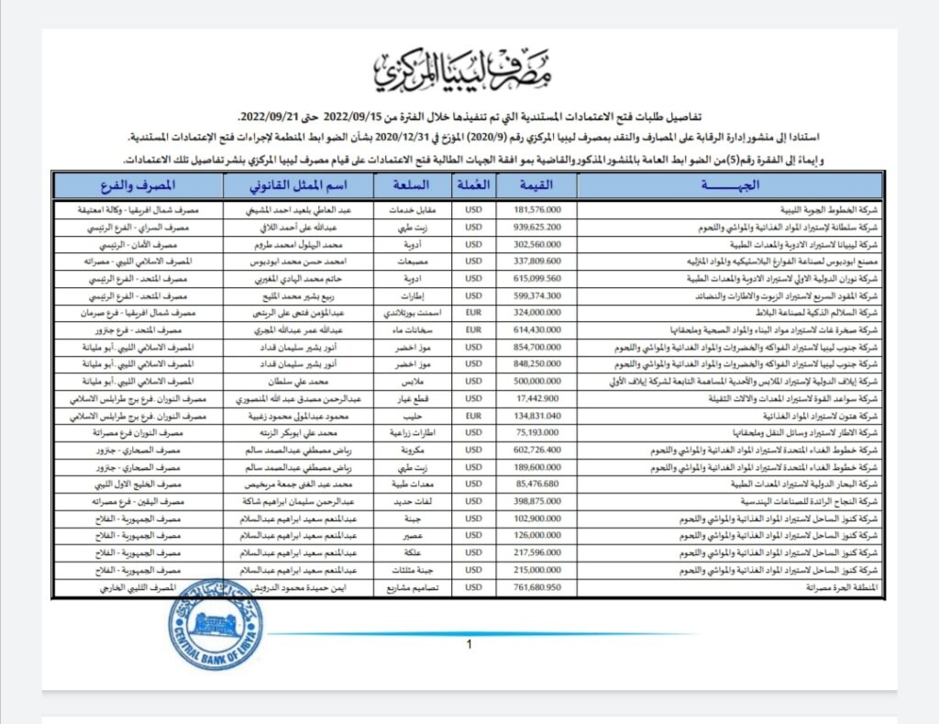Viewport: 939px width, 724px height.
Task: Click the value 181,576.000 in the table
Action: (x=536, y=209)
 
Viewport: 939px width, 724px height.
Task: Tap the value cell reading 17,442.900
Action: (x=536, y=398)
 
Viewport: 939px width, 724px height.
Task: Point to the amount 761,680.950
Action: (x=536, y=587)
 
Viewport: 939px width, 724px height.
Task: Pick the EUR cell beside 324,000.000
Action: (x=473, y=311)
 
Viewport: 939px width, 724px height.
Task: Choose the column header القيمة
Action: (x=536, y=186)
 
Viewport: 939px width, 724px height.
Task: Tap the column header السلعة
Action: (x=414, y=186)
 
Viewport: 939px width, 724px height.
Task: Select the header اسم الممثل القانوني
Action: (x=299, y=186)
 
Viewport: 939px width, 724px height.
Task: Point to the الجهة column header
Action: (x=729, y=186)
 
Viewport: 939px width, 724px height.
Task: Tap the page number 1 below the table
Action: (x=469, y=645)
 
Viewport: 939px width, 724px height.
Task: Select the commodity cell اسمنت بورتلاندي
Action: (x=414, y=311)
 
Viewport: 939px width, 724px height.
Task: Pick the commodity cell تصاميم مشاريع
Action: (x=414, y=587)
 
